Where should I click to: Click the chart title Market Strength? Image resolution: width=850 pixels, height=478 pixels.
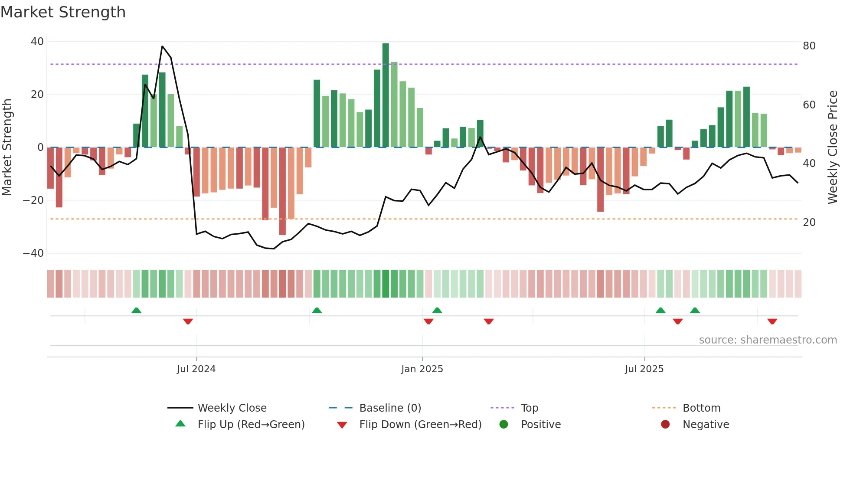coord(63,12)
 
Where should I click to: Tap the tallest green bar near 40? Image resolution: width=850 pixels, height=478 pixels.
coord(386,95)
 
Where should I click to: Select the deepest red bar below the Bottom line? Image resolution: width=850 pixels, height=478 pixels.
coord(282,191)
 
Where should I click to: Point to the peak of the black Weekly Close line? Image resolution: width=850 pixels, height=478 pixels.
coord(162,46)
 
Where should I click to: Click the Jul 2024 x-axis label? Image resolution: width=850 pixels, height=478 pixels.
coord(196,369)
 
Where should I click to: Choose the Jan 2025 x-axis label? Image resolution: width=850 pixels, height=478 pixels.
coord(422,369)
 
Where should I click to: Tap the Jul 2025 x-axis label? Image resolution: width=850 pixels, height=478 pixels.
coord(644,369)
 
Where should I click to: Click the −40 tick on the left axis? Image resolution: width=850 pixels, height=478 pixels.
coord(33,253)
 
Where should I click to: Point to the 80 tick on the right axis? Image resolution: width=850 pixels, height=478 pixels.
coord(809,46)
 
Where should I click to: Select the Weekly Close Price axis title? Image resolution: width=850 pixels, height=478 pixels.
coord(833,147)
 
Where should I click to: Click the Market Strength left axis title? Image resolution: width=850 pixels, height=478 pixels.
coord(7,147)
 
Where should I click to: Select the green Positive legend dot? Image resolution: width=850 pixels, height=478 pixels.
coord(503,424)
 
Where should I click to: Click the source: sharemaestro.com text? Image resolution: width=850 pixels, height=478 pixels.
coord(768,340)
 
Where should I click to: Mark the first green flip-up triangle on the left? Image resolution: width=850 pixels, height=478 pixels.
coord(136,310)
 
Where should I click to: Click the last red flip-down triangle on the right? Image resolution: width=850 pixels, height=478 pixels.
coord(772,321)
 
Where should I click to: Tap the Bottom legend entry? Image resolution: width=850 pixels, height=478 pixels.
coord(701,408)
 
